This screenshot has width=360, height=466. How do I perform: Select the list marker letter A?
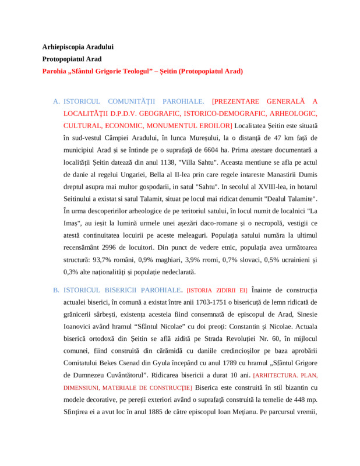[57, 101]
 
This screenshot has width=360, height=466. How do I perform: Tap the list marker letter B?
[57, 290]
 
